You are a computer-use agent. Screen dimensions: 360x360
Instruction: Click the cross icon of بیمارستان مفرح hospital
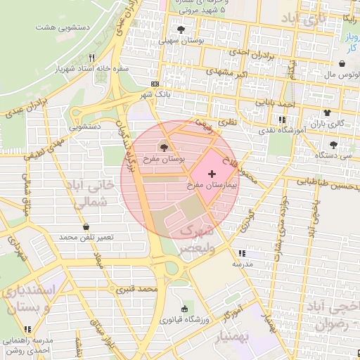pyautogui.click(x=212, y=173)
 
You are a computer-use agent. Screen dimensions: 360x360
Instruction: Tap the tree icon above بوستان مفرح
pyautogui.click(x=165, y=148)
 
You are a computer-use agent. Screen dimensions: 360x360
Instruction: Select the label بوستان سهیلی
pyautogui.click(x=181, y=41)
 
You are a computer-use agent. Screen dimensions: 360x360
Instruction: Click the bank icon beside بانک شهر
pyautogui.click(x=155, y=82)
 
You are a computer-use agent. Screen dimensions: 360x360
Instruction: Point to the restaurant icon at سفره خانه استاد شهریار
pyautogui.click(x=91, y=58)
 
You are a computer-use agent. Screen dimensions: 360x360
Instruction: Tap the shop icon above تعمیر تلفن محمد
pyautogui.click(x=86, y=227)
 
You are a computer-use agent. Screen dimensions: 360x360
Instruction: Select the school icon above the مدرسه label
pyautogui.click(x=242, y=253)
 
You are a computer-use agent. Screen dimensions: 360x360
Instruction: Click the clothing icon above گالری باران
pyautogui.click(x=326, y=112)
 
